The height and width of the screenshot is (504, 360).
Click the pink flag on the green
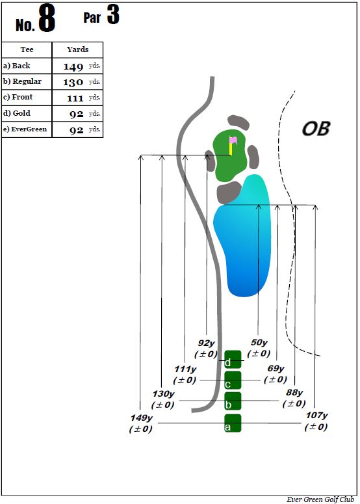coord(233,140)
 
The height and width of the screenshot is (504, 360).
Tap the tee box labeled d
coord(233,360)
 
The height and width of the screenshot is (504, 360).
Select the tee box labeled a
coord(233,423)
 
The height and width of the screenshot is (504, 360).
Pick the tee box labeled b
coord(233,401)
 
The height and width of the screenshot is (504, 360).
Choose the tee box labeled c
coord(233,380)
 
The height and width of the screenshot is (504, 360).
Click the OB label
coord(316,129)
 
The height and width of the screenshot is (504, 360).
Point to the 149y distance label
coord(141,418)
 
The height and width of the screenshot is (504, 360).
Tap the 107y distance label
coord(316,416)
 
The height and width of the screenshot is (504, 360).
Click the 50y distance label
coord(259,342)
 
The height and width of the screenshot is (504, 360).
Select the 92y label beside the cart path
coord(206,343)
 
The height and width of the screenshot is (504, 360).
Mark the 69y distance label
coord(276,368)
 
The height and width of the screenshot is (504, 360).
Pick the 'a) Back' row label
coord(17,66)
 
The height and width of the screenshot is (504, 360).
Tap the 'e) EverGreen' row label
coord(25,129)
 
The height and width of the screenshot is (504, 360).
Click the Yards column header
coord(78,49)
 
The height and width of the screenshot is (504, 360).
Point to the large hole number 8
coord(47,19)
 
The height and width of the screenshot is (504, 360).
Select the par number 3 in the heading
coord(113,14)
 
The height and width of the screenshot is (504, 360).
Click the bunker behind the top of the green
coord(238,122)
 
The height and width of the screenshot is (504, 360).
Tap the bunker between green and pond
coord(229,192)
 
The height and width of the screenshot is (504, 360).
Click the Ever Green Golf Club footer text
coord(320,499)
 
